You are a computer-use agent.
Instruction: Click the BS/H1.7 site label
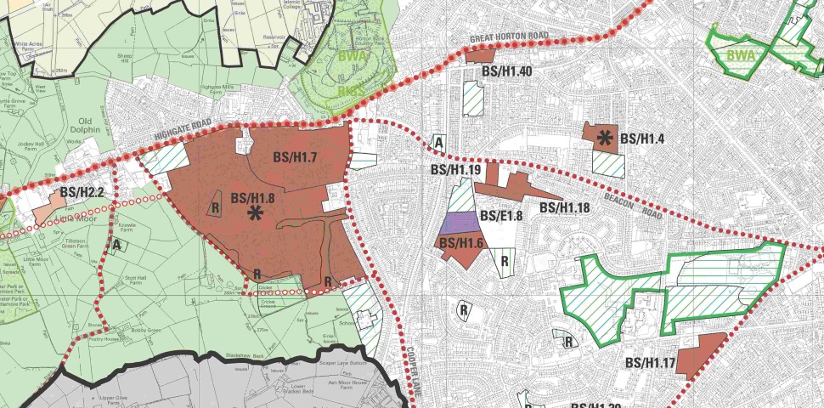295,156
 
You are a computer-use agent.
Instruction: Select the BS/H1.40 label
506,71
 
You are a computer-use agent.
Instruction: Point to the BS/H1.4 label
641,139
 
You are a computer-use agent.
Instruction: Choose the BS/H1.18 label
564,207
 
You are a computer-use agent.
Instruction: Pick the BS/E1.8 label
501,216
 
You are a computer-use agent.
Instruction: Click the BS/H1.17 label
650,364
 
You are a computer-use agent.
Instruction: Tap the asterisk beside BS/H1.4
605,137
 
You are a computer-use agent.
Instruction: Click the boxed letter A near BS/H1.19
439,141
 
